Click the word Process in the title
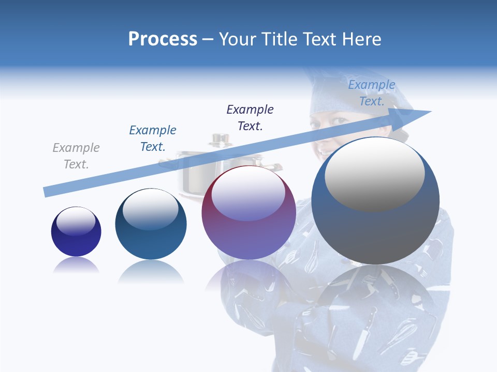[163, 39]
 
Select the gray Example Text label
[76, 156]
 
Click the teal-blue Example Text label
[153, 138]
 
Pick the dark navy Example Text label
[250, 118]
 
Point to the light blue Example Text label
[372, 93]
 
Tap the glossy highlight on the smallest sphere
[76, 221]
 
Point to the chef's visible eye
[339, 121]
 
